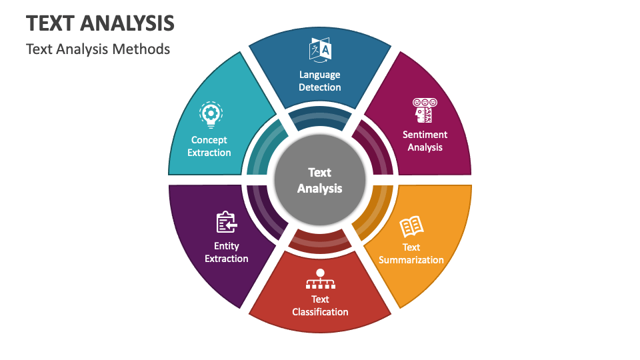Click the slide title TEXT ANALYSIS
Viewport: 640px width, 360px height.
point(100,23)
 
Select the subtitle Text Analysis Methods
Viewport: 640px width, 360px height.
point(98,49)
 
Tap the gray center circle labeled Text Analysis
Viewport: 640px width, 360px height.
point(320,180)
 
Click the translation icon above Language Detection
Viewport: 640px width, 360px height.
point(320,50)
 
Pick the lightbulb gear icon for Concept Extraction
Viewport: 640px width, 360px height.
point(211,115)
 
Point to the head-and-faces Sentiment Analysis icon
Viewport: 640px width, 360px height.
point(425,110)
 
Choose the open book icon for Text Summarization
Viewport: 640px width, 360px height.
point(411,227)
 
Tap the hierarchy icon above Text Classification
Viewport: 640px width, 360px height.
point(321,279)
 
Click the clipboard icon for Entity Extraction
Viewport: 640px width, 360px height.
point(227,222)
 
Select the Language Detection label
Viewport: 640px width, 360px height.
point(319,81)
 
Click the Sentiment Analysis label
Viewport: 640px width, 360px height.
point(425,141)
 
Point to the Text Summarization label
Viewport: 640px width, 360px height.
point(411,253)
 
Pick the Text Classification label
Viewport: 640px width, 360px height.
point(320,306)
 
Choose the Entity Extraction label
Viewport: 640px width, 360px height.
point(227,252)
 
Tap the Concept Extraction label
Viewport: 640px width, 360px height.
point(209,146)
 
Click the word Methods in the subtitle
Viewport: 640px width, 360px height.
point(141,49)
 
